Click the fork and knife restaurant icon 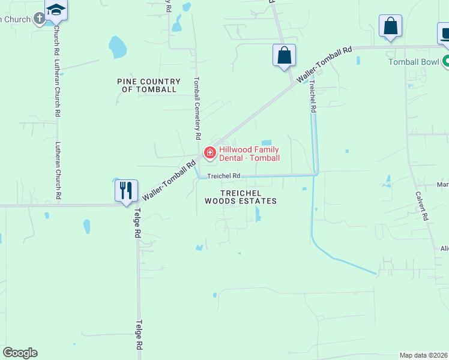click(x=127, y=191)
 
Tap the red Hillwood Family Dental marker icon click(x=210, y=153)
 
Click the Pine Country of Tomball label click(x=149, y=85)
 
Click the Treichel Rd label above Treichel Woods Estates click(x=224, y=176)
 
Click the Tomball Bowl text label click(x=414, y=62)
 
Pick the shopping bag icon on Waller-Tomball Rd click(x=284, y=56)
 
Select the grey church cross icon click(x=40, y=19)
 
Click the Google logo click(x=20, y=353)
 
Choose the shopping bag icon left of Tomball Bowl click(x=390, y=26)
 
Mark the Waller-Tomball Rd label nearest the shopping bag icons click(x=324, y=64)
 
